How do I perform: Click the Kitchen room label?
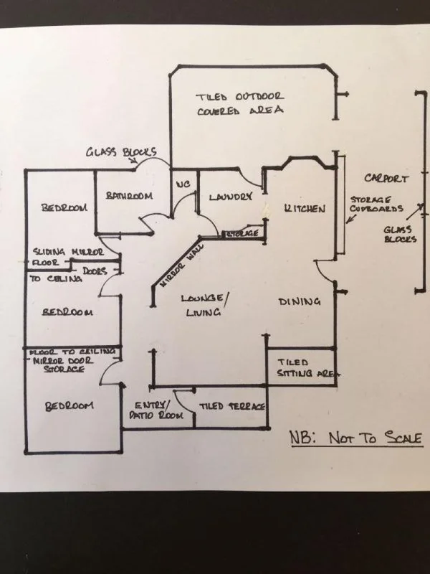[305, 209]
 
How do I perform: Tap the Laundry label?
[230, 197]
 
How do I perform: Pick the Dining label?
[299, 302]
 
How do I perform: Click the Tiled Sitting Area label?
[302, 367]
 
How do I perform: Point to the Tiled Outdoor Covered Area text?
[240, 103]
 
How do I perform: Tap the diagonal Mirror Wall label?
[177, 268]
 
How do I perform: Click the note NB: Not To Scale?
[355, 438]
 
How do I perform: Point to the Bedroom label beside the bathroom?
[64, 208]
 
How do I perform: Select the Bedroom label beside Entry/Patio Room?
[70, 406]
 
